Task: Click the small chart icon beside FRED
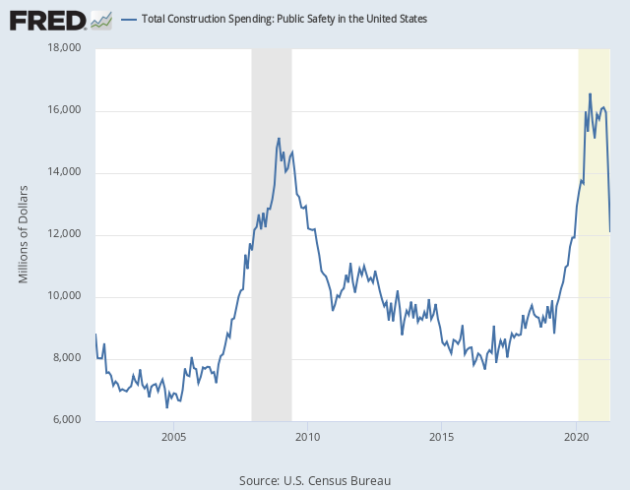[100, 19]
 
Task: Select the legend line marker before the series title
[129, 19]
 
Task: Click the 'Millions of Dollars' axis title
[25, 234]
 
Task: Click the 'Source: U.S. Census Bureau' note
[315, 480]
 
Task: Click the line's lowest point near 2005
[166, 406]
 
